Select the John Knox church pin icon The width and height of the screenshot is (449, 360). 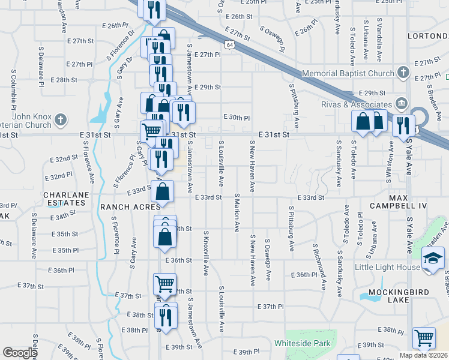click(60, 120)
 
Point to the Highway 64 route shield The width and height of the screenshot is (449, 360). click(230, 44)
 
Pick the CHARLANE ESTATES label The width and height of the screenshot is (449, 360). click(66, 199)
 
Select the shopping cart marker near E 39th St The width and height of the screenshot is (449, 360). click(424, 338)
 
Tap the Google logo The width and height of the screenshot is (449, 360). click(19, 352)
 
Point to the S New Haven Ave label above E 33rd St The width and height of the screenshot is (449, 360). click(252, 166)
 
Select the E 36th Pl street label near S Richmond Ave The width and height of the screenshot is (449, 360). click(303, 275)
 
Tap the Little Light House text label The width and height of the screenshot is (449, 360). click(388, 267)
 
